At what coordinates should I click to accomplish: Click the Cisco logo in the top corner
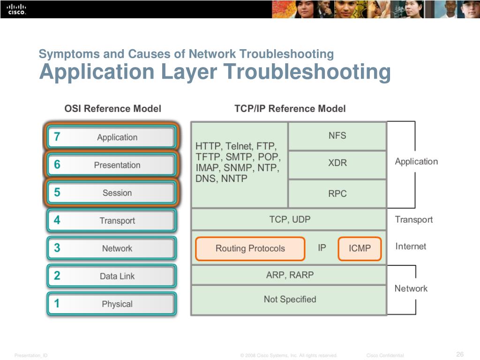click(x=16, y=9)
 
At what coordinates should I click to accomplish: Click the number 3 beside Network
click(x=57, y=248)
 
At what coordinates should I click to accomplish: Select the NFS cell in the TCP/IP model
click(x=337, y=136)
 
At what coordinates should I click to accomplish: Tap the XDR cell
click(x=337, y=164)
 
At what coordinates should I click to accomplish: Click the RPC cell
click(x=337, y=193)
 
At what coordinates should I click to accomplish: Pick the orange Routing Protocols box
click(x=250, y=248)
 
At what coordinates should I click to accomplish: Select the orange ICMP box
click(x=360, y=248)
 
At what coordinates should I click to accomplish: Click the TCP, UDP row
click(x=289, y=219)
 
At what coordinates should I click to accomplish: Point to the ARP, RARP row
click(x=289, y=275)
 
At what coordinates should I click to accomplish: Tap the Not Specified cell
click(x=289, y=299)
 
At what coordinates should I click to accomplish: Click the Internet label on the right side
click(x=411, y=246)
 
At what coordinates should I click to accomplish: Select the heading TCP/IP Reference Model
click(x=290, y=109)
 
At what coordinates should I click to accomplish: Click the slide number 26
click(x=459, y=354)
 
